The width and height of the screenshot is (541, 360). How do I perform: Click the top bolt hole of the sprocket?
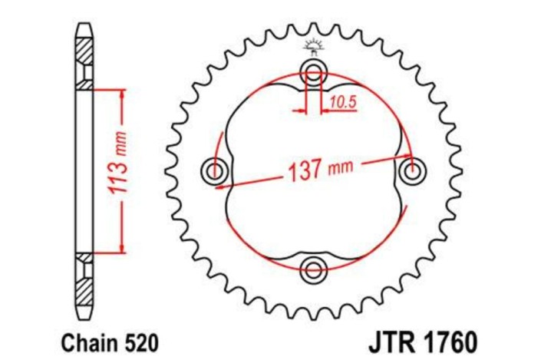click(x=313, y=74)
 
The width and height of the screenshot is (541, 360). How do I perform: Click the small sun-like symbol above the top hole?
click(x=313, y=45)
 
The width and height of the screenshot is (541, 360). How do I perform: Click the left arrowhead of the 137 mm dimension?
click(x=220, y=184)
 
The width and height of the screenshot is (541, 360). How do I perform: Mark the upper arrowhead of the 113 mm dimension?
click(x=120, y=93)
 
